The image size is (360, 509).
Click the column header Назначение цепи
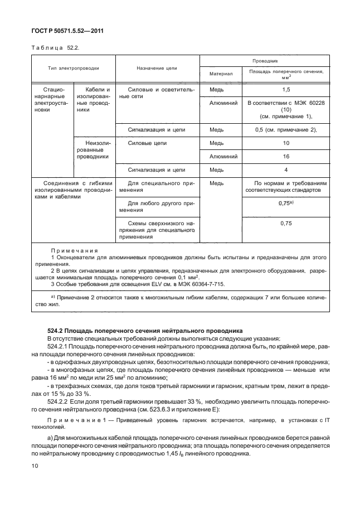(157, 69)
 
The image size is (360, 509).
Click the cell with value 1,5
(286, 89)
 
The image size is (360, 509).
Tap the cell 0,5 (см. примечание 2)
(286, 130)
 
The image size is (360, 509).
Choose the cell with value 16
(286, 157)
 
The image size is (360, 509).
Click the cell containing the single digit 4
(286, 170)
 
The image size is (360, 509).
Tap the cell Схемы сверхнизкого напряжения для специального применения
(157, 230)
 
